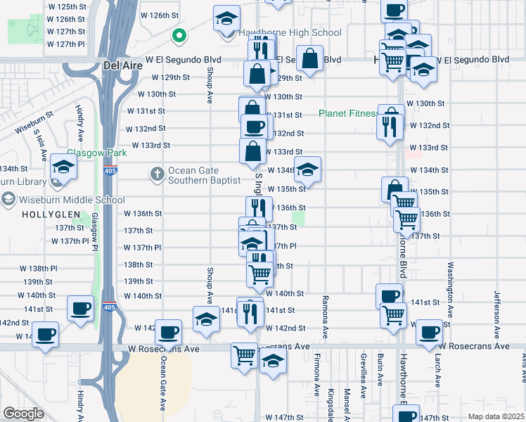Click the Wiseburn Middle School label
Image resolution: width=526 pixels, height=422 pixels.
pos(63,200)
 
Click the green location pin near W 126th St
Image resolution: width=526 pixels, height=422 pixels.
pos(179,34)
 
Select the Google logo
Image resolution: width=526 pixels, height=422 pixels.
pos(23,413)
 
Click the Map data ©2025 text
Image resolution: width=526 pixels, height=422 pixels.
pos(495,416)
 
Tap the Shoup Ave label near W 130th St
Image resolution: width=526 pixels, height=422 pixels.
pos(210,91)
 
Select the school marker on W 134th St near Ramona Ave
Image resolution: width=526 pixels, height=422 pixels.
pos(307,169)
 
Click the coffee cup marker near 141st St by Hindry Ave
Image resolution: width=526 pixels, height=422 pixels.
pos(80,308)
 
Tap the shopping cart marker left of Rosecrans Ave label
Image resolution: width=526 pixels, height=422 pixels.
pos(244,354)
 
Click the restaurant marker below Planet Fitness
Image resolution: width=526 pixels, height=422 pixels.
pos(389,126)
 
